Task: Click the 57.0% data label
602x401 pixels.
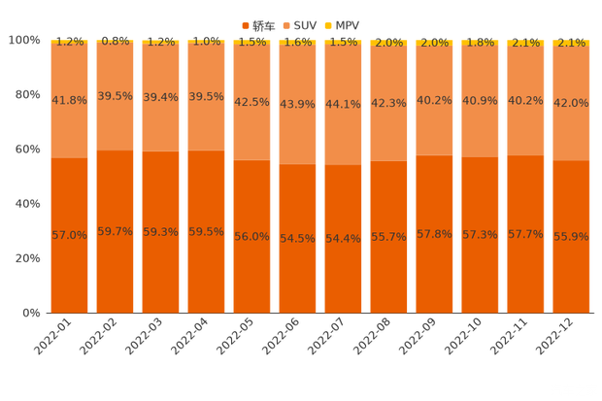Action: [69, 235]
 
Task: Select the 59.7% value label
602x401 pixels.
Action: [115, 231]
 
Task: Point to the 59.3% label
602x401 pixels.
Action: [160, 232]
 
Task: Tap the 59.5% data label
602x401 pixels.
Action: [206, 232]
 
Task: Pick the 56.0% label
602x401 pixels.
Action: [251, 236]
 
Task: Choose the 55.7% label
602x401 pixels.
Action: [388, 237]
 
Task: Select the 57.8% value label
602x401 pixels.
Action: [434, 234]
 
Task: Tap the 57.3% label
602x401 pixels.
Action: [480, 235]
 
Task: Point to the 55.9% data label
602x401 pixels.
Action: [571, 237]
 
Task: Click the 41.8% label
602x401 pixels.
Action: [69, 99]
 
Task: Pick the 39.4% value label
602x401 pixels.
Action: [160, 97]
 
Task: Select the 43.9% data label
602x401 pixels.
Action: [297, 105]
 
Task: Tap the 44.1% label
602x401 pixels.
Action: [343, 105]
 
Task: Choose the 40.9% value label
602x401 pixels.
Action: [480, 99]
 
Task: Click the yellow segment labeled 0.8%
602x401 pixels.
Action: [115, 42]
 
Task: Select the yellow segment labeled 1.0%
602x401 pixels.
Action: [206, 42]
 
